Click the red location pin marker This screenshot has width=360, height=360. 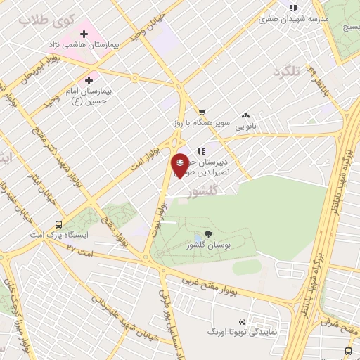pos(180,165)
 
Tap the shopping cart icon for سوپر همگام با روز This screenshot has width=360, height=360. pos(202,112)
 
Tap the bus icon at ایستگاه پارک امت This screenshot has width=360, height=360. pos(58,226)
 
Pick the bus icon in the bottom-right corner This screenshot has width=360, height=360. pos(348,350)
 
